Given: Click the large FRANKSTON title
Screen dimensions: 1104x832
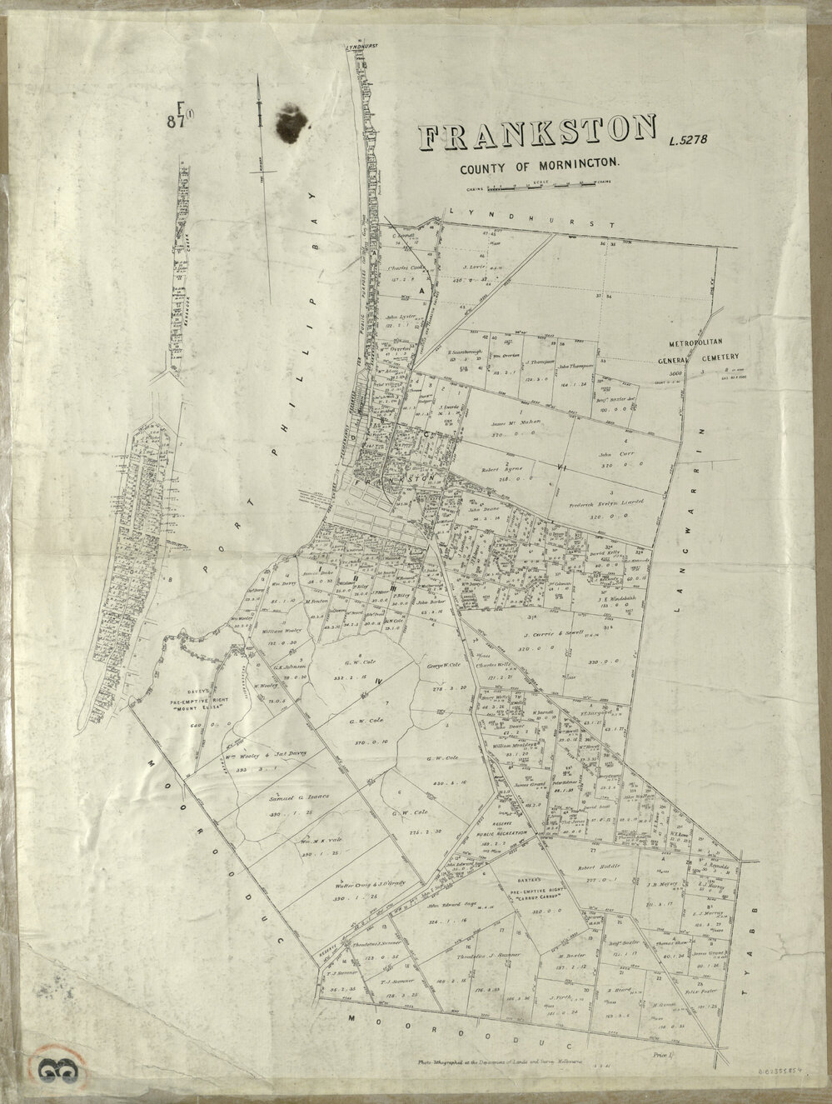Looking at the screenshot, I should point(537,136).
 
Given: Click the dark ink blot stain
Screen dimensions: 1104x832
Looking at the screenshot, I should point(290,122).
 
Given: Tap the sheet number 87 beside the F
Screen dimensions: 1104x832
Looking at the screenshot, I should point(175,121).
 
